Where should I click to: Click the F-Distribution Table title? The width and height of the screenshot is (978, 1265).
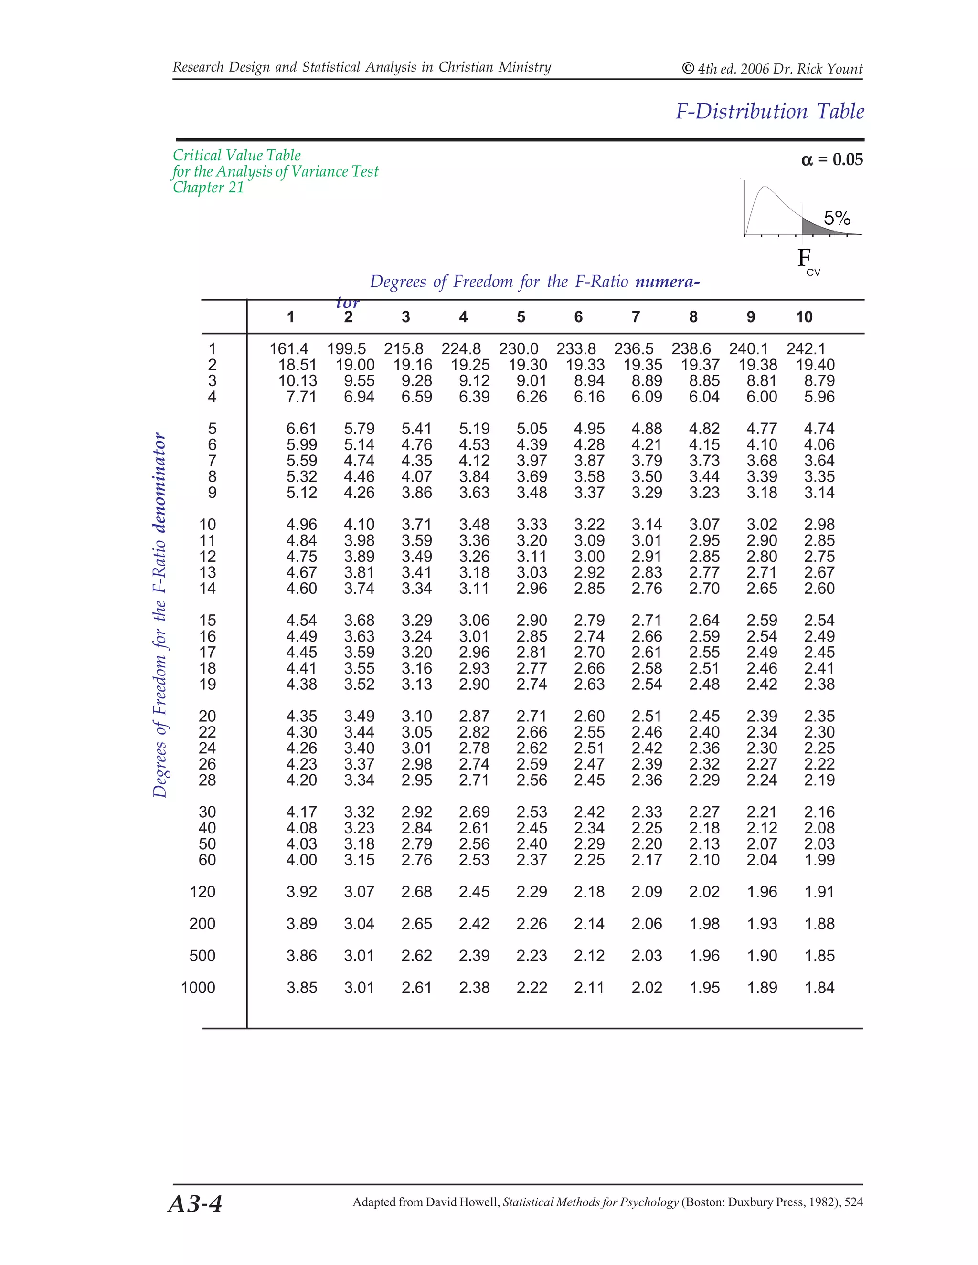(769, 111)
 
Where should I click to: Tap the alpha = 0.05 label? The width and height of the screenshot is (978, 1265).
(831, 159)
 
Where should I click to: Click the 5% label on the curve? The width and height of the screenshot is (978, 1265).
(837, 218)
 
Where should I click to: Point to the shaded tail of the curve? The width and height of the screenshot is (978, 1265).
(814, 227)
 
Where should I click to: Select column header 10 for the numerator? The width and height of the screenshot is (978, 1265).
(804, 317)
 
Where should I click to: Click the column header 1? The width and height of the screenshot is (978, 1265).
(290, 317)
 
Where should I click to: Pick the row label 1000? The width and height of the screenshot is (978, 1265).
(198, 988)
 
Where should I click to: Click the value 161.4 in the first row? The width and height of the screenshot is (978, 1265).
(288, 348)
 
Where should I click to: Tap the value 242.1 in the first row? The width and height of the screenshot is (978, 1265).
(805, 348)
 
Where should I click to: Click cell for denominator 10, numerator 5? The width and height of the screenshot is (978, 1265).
(532, 525)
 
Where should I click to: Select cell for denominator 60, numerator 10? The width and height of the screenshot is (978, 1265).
(819, 860)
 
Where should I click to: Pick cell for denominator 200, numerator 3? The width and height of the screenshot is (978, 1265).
(416, 924)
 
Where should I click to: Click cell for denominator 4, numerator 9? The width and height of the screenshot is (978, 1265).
(761, 397)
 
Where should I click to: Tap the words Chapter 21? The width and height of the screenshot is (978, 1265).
(208, 188)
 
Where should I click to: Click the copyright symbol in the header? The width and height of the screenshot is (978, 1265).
(688, 68)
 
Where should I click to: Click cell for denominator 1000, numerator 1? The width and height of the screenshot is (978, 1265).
(301, 988)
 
